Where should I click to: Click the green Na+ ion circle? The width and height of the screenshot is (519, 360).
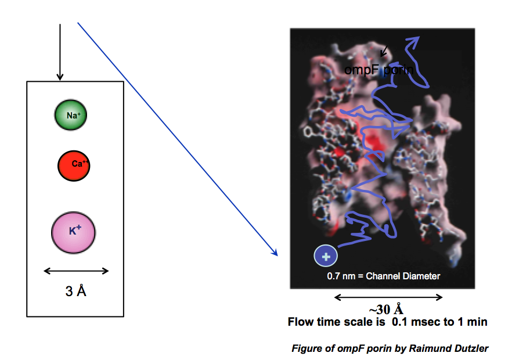click(71, 114)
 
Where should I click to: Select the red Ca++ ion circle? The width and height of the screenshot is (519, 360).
click(74, 165)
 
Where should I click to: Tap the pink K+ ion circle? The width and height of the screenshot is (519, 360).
click(74, 232)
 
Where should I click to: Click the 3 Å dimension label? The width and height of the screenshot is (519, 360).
click(76, 291)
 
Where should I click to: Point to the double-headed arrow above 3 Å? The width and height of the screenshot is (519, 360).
click(76, 271)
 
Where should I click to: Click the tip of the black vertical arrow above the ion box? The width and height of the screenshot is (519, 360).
click(60, 80)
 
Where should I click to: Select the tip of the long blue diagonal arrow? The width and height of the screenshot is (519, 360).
click(277, 255)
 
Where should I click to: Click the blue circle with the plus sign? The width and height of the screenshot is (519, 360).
click(326, 256)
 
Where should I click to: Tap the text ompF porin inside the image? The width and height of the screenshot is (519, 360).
click(379, 70)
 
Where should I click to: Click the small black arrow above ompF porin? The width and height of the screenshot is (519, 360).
click(384, 51)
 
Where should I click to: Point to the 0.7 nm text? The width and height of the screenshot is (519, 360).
click(341, 276)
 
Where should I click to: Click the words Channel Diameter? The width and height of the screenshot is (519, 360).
click(403, 276)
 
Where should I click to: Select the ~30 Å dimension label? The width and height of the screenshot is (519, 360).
click(386, 309)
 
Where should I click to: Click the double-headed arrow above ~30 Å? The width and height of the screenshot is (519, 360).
click(388, 297)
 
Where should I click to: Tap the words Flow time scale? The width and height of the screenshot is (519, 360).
click(336, 322)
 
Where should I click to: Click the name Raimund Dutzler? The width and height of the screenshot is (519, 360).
click(449, 348)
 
